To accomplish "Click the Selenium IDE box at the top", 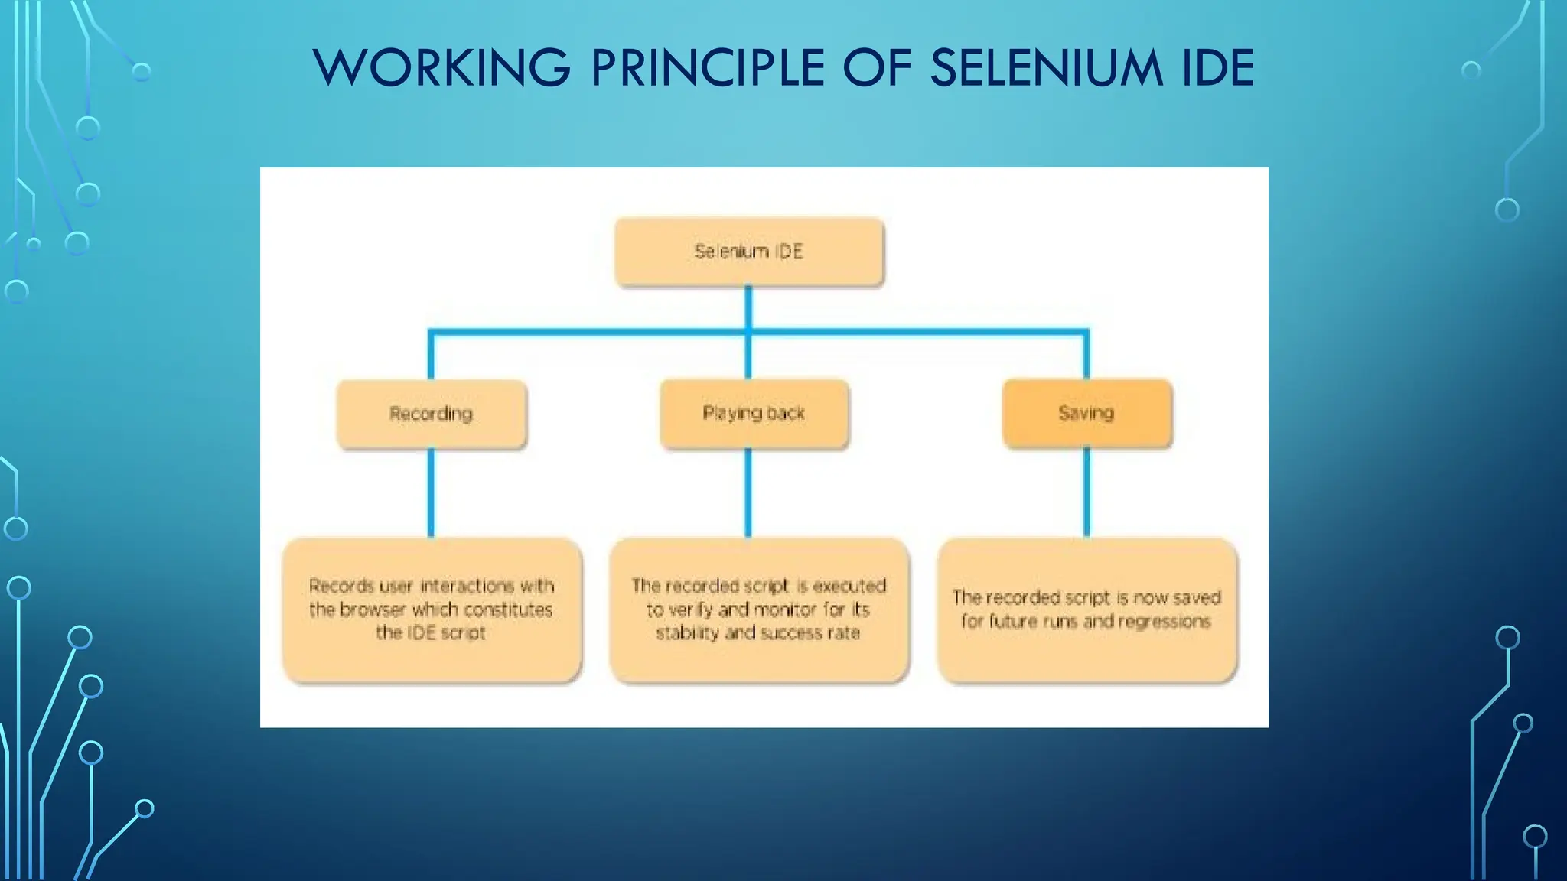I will point(749,252).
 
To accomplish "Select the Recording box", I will point(432,414).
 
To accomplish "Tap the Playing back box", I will point(754,414).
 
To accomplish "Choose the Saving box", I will point(1086,413).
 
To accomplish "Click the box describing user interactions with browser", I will point(432,610).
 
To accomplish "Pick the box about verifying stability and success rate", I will point(758,610).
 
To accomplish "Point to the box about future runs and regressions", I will point(1086,610).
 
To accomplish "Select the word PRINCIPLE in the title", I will point(708,67).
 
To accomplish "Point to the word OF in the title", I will point(878,67).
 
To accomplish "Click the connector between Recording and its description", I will point(432,493).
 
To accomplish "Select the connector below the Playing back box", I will point(748,493).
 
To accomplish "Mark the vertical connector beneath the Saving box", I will point(1086,493).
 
